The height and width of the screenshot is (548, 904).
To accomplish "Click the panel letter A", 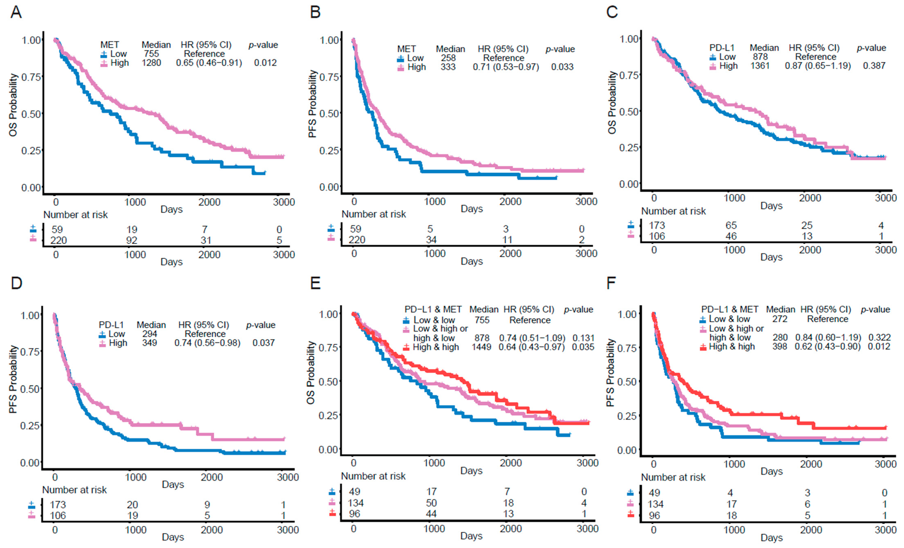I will coord(16,12).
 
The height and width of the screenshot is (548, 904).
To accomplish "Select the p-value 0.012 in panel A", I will coord(265,63).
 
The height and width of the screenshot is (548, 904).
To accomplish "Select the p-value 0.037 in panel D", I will coord(263,343).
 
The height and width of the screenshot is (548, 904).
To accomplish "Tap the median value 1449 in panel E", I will coord(481,347).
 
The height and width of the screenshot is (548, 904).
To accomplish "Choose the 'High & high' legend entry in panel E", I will coord(436,347).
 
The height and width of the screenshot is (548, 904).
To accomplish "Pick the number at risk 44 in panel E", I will coord(431,514).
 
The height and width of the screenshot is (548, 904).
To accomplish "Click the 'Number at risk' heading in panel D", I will coord(74,490).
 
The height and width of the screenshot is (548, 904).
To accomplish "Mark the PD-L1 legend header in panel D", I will coord(111,325).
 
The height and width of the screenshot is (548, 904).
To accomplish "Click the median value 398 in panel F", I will coord(780,347).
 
